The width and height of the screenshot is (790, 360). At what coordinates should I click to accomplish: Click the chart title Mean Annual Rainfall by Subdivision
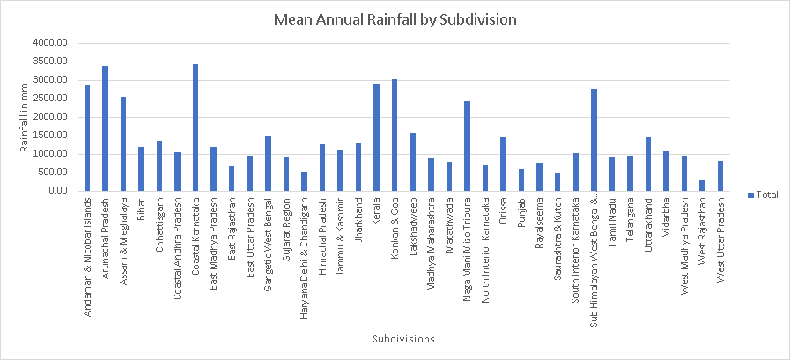click(x=395, y=18)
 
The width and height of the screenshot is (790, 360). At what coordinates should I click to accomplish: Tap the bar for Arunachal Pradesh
click(x=105, y=129)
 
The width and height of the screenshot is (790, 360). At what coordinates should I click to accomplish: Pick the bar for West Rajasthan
click(x=702, y=186)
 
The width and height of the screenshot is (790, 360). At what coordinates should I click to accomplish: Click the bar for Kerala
click(x=376, y=137)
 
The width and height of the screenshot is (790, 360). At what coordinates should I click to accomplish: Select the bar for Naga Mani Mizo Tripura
click(x=467, y=146)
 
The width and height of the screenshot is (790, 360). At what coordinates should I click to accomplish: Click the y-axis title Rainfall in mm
click(x=24, y=117)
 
